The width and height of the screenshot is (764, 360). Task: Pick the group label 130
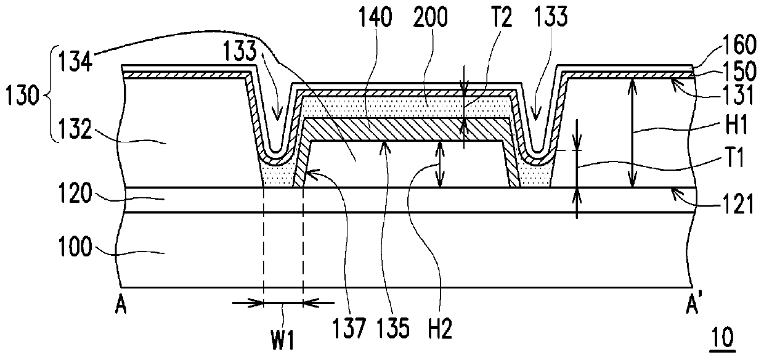pyautogui.click(x=22, y=97)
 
